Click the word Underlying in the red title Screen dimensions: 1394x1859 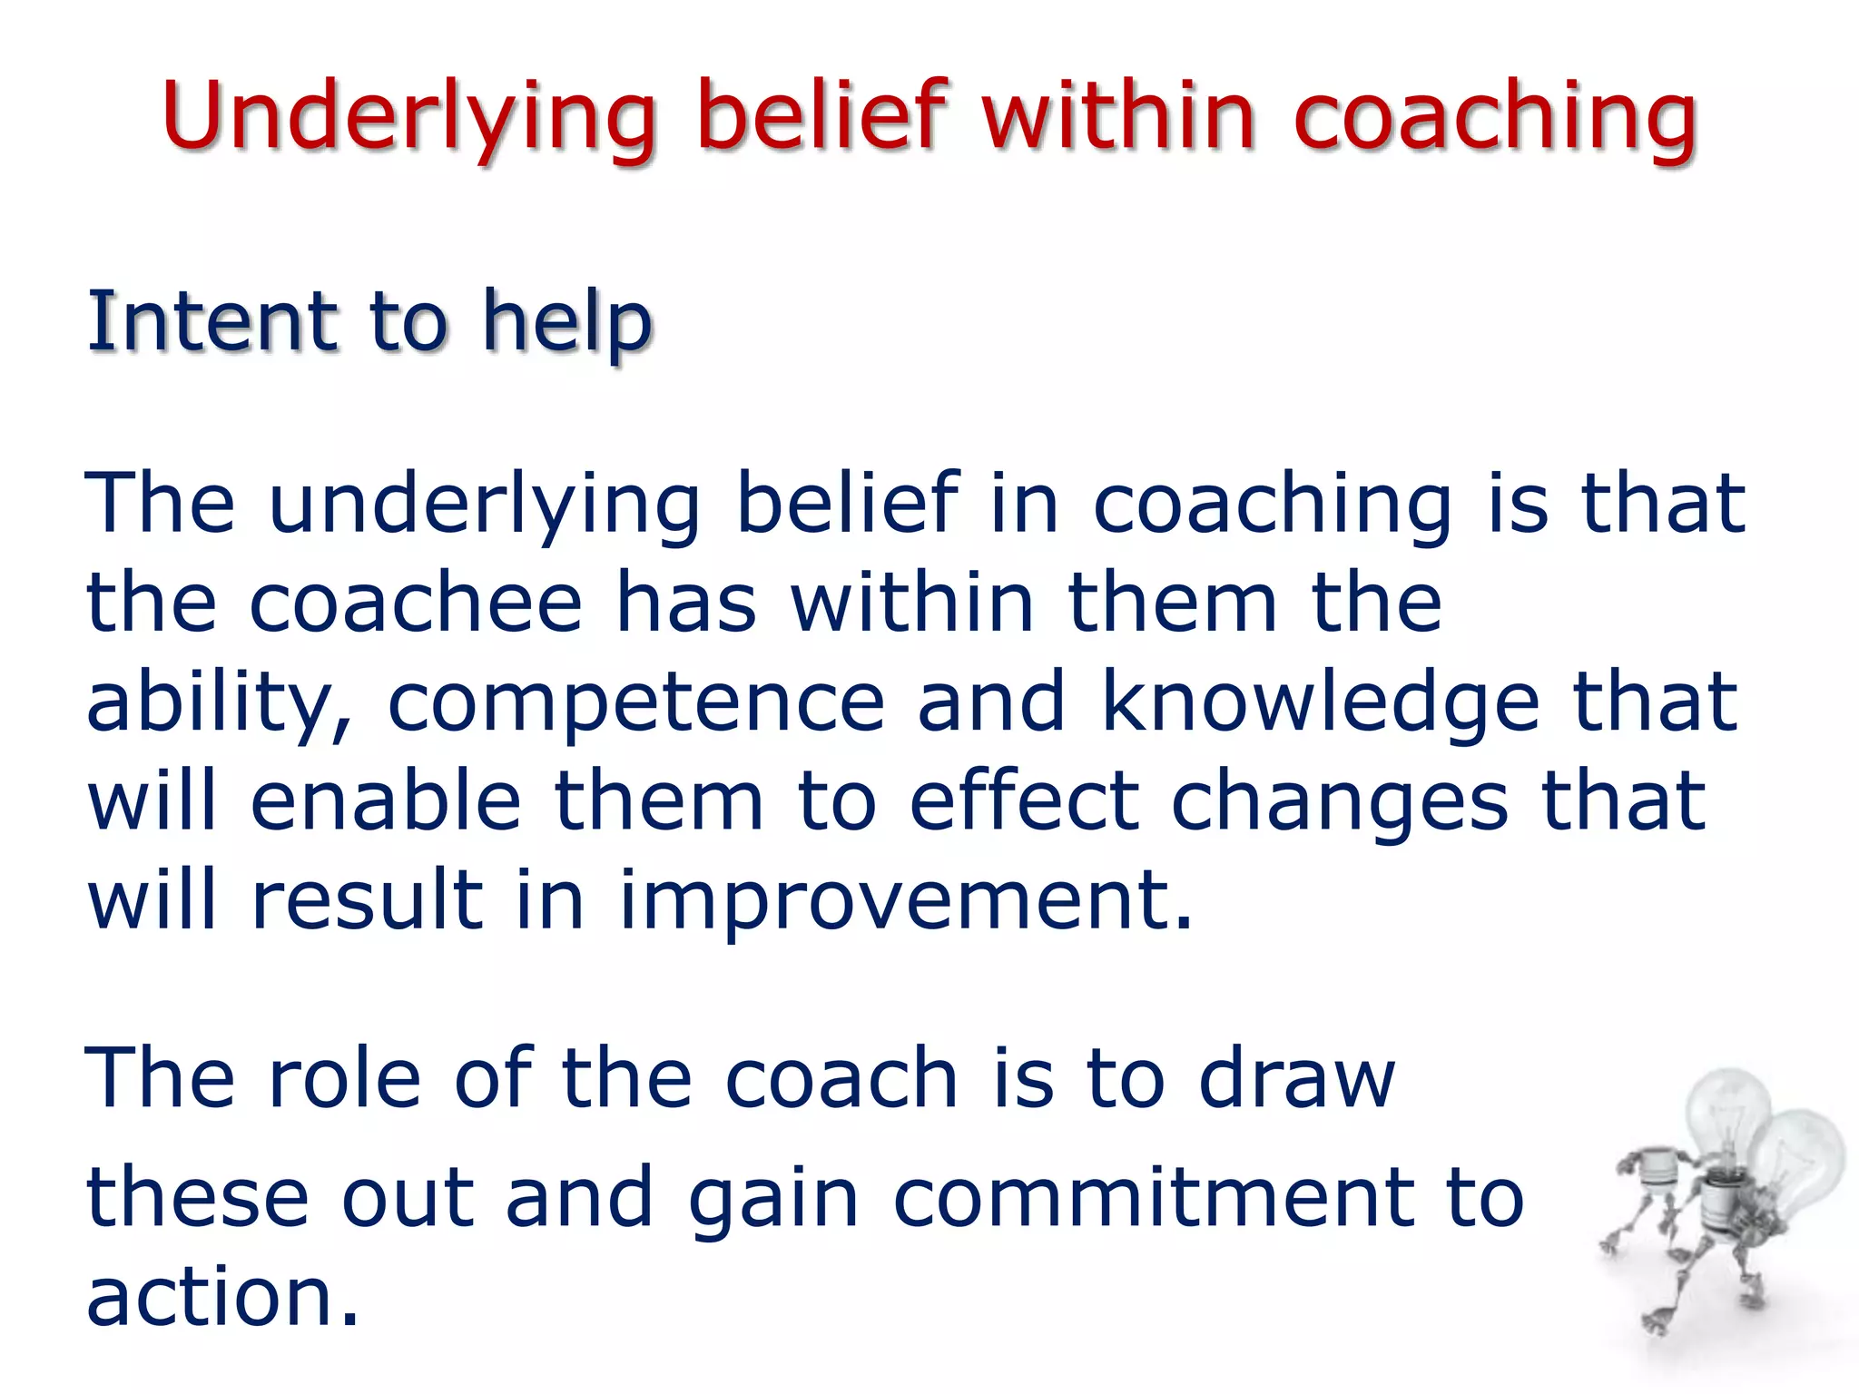[x=408, y=118]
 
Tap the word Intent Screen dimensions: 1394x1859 [x=212, y=321]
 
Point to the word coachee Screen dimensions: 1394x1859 [x=415, y=604]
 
